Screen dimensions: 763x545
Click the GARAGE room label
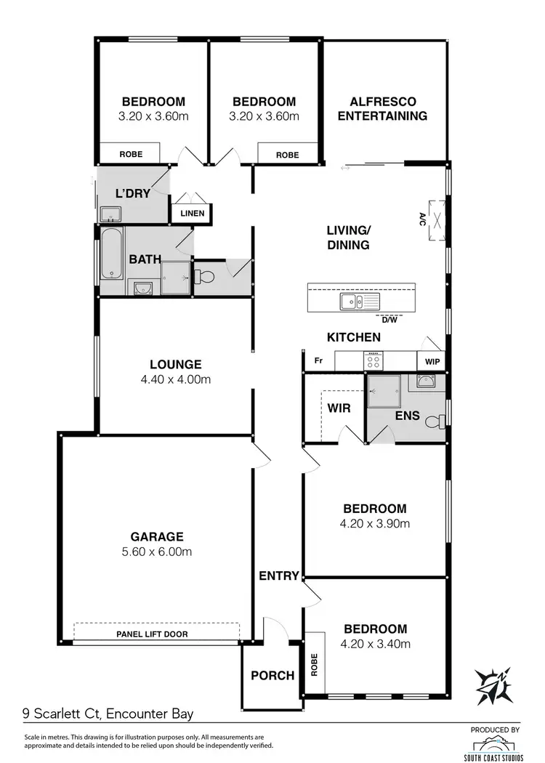point(157,537)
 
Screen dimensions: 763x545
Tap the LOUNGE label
point(176,365)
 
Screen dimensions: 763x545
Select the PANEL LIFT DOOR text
point(152,634)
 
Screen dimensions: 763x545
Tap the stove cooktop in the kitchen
point(374,360)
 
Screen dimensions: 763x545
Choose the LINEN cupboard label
point(193,214)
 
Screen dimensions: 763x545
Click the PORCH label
point(272,676)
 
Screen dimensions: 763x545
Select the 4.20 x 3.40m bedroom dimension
point(376,644)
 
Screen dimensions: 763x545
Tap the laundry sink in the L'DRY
point(110,214)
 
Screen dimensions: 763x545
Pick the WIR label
point(339,408)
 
